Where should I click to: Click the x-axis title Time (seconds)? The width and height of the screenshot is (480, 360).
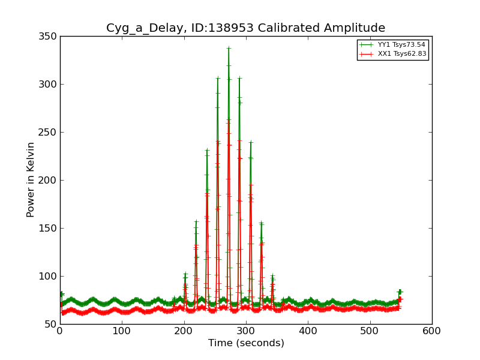pyautogui.click(x=246, y=343)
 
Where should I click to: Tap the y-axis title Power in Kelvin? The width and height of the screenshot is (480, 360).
pyautogui.click(x=31, y=180)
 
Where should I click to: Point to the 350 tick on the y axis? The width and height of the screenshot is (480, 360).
pyautogui.click(x=49, y=37)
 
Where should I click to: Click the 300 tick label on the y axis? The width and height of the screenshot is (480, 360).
pyautogui.click(x=49, y=85)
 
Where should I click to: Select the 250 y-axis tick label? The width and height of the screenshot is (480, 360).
pyautogui.click(x=49, y=133)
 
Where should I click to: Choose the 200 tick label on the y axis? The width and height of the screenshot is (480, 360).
pyautogui.click(x=49, y=181)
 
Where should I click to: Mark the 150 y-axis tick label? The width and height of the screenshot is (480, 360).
pyautogui.click(x=49, y=229)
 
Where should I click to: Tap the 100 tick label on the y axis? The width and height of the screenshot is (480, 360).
pyautogui.click(x=49, y=277)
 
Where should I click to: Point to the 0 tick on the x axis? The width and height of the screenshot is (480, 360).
pyautogui.click(x=60, y=330)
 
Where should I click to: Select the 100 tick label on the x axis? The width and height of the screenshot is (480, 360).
pyautogui.click(x=122, y=330)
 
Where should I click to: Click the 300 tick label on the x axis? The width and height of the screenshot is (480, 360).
pyautogui.click(x=246, y=330)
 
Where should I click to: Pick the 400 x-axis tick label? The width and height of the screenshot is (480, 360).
pyautogui.click(x=308, y=330)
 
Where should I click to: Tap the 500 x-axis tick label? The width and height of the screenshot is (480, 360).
pyautogui.click(x=370, y=330)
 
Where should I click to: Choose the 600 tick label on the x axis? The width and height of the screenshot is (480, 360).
pyautogui.click(x=432, y=330)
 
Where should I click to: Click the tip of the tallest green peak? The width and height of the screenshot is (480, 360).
pyautogui.click(x=229, y=48)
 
